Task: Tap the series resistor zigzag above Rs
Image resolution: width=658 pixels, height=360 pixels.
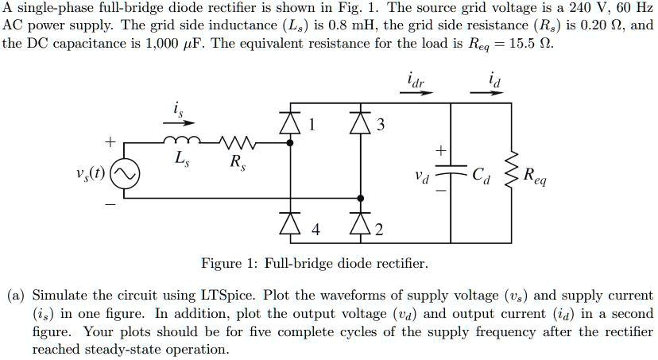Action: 236,142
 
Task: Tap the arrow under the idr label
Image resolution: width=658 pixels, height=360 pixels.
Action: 416,93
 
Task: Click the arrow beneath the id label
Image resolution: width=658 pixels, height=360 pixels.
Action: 487,93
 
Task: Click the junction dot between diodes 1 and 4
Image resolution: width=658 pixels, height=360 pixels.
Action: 288,143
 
